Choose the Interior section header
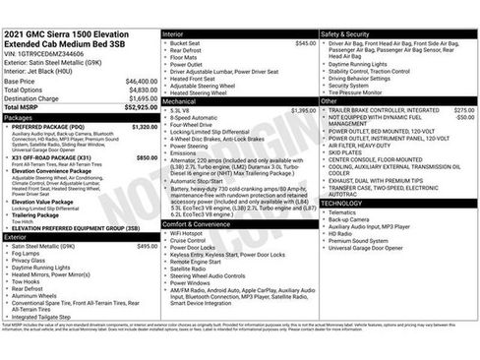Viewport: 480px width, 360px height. click(177, 34)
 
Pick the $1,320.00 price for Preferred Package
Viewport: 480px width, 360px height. click(144, 127)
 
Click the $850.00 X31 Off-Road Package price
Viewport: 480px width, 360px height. click(146, 156)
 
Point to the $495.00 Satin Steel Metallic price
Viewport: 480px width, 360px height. click(147, 246)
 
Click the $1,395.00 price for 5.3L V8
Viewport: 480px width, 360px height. click(303, 111)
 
